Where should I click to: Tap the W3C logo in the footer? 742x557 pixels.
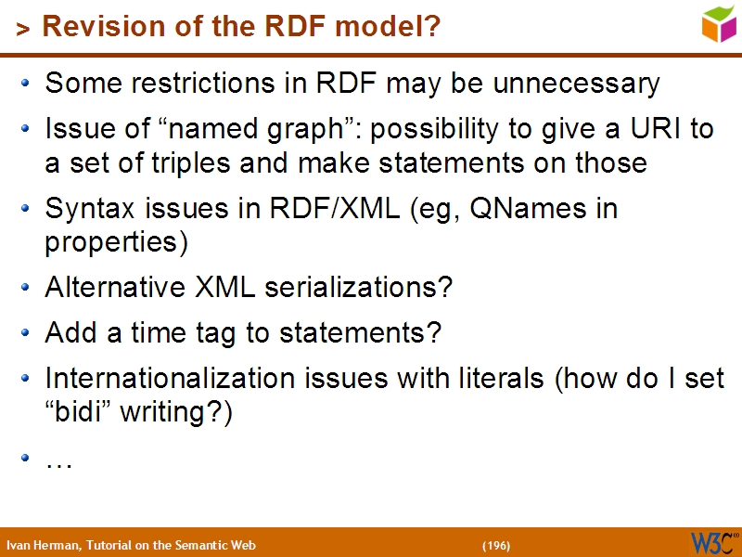713,541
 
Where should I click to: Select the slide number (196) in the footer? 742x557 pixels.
496,545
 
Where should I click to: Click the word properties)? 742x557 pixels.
117,243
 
